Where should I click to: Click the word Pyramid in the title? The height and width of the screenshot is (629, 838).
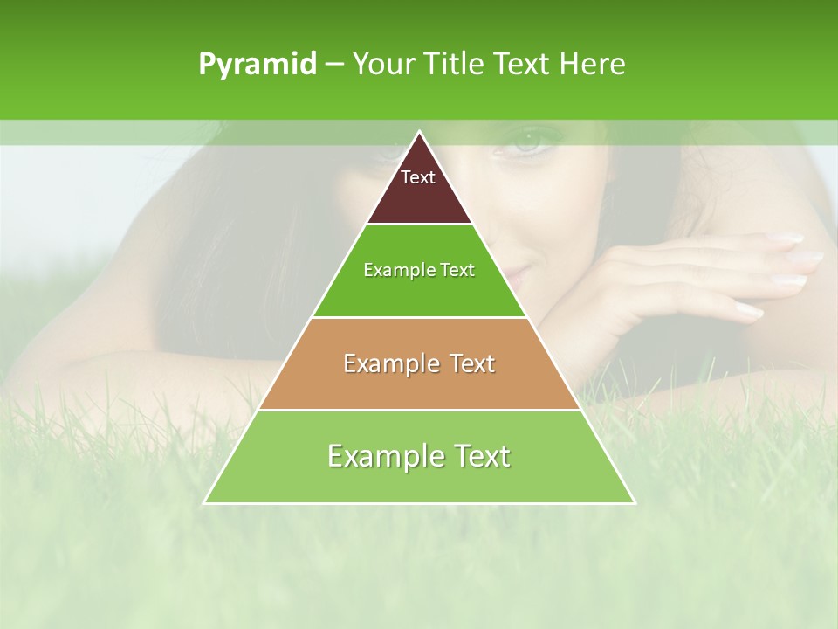pos(257,65)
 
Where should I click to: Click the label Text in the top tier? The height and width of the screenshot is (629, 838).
pos(418,177)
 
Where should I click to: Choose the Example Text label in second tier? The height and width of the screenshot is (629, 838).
pos(419,270)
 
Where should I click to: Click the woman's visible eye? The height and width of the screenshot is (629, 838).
pos(527,141)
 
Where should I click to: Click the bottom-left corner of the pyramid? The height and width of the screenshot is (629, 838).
pos(204,503)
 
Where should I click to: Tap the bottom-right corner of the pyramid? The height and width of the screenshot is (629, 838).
pos(635,503)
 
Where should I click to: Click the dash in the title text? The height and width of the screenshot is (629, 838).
pos(334,65)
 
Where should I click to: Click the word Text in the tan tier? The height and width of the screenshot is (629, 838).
pos(470,363)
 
